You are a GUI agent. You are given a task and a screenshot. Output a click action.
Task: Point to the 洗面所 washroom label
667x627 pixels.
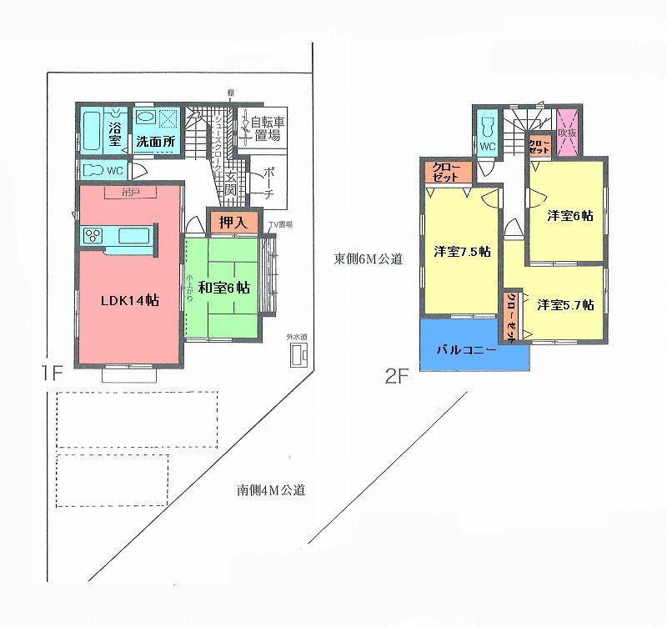click(156, 142)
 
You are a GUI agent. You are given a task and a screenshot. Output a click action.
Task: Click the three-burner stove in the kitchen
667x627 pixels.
click(92, 235)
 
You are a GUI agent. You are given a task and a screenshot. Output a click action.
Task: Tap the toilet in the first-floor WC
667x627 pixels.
click(98, 170)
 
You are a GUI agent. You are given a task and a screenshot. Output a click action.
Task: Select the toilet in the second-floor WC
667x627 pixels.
click(488, 131)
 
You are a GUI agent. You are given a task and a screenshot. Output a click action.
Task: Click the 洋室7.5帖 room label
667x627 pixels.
click(461, 251)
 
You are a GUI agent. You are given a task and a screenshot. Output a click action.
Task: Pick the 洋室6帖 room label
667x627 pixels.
click(570, 215)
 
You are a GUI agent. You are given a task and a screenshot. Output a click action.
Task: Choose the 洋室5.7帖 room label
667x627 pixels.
click(564, 304)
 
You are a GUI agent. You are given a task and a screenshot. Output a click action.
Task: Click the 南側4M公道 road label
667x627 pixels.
click(270, 489)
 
